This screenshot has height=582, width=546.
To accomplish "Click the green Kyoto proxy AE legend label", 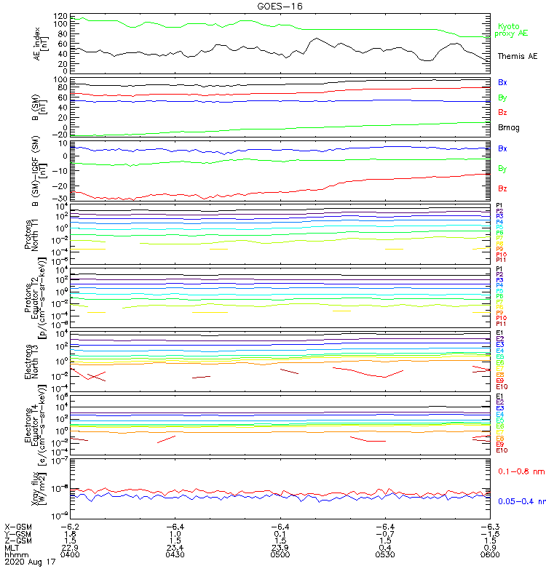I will (x=511, y=30).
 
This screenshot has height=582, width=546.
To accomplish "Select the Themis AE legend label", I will (x=518, y=56).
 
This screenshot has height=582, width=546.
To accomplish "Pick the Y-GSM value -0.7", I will (x=384, y=533).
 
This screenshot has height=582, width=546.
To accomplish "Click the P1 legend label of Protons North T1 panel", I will (x=499, y=206).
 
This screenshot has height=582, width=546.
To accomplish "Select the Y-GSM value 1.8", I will (x=70, y=533).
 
